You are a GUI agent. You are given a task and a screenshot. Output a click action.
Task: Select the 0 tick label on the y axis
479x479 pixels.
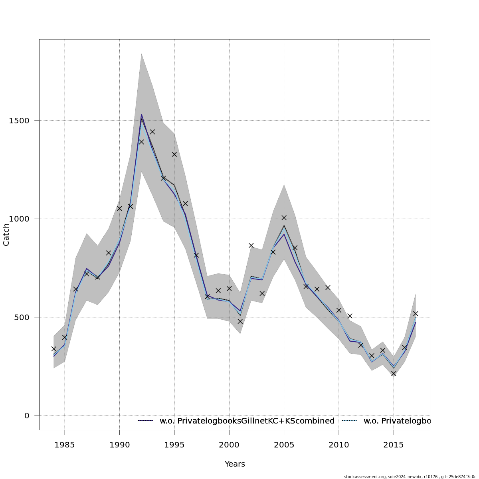point(27,416)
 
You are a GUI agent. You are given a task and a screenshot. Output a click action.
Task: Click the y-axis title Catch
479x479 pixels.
point(6,235)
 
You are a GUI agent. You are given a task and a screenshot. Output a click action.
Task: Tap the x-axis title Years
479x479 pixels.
point(235,464)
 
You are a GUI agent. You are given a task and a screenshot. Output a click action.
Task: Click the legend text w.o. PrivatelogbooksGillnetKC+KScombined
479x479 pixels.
point(247,421)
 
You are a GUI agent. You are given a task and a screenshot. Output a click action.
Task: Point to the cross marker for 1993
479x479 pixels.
point(152,132)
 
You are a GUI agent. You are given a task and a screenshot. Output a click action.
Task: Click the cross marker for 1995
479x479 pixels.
point(174,154)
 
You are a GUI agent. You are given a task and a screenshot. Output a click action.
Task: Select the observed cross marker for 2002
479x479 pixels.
point(251,245)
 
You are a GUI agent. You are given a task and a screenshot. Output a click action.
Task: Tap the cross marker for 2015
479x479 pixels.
point(394,374)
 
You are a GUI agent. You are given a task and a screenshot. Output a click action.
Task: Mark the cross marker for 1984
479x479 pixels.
point(53,349)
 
